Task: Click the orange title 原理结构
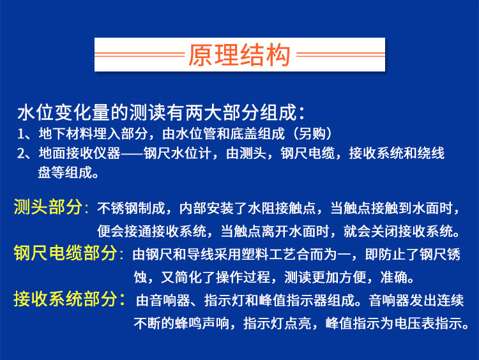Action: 240,56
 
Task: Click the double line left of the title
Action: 139,56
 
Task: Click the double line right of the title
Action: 340,56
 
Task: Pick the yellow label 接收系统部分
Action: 68,298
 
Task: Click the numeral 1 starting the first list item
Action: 21,134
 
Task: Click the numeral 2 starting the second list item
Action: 21,153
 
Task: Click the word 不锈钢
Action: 118,208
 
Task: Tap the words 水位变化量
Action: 57,114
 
